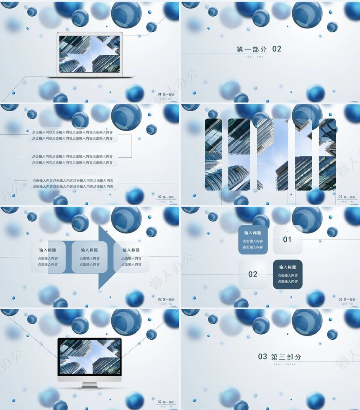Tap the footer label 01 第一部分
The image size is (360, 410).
click(x=166, y=95)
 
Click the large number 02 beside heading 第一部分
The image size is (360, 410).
click(x=277, y=49)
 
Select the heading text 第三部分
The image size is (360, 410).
click(x=286, y=357)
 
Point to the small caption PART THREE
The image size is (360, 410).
click(x=285, y=364)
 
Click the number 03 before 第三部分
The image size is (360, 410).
click(x=262, y=356)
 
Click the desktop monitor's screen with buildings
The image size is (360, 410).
click(x=89, y=357)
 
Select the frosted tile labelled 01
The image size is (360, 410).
click(x=288, y=240)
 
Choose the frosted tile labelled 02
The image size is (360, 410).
click(x=253, y=274)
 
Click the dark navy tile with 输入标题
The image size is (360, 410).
click(x=288, y=274)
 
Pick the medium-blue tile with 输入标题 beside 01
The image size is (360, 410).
click(x=253, y=240)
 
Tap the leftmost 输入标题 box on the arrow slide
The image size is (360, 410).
click(x=48, y=257)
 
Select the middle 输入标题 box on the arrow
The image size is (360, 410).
click(x=90, y=257)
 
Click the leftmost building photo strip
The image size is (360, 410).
click(x=213, y=154)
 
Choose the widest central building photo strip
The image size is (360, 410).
click(x=273, y=154)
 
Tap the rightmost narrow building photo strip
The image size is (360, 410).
click(x=327, y=154)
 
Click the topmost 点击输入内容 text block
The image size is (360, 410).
click(x=72, y=135)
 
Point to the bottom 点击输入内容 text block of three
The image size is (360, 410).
click(x=73, y=184)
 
